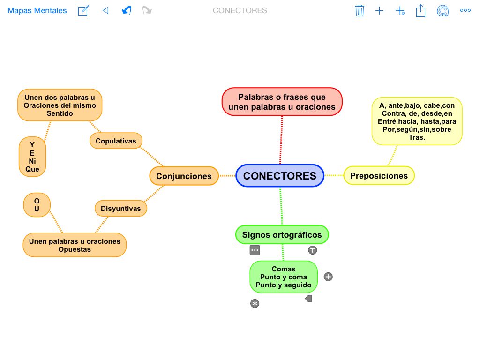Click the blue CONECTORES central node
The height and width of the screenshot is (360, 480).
pyautogui.click(x=280, y=176)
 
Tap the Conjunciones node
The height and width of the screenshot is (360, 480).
pyautogui.click(x=184, y=176)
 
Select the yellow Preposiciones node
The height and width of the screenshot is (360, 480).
pyautogui.click(x=379, y=176)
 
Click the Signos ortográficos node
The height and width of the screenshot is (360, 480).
pyautogui.click(x=282, y=235)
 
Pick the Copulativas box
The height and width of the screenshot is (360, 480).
pyautogui.click(x=116, y=141)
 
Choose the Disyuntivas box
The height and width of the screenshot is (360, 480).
pyautogui.click(x=120, y=209)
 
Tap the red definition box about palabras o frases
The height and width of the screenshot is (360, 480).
pyautogui.click(x=282, y=102)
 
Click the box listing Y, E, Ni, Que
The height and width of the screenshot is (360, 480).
pyautogui.click(x=32, y=157)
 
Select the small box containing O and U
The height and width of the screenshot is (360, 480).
pyautogui.click(x=37, y=205)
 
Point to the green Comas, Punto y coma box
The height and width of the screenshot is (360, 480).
pyautogui.click(x=284, y=277)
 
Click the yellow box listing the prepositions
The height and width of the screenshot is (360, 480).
pyautogui.click(x=417, y=121)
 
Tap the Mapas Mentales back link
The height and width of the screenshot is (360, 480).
pyautogui.click(x=37, y=10)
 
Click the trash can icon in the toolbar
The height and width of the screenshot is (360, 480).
pyautogui.click(x=360, y=10)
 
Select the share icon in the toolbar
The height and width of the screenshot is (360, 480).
pyautogui.click(x=420, y=10)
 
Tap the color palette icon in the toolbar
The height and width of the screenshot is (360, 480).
pyautogui.click(x=442, y=11)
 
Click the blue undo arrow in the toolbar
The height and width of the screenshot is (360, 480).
pyautogui.click(x=126, y=10)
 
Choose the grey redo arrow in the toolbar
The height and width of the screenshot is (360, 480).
pyautogui.click(x=147, y=10)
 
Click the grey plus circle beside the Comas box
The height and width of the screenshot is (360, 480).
pyautogui.click(x=328, y=277)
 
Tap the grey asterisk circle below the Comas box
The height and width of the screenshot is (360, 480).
pyautogui.click(x=255, y=304)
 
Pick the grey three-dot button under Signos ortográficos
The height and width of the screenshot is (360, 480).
pyautogui.click(x=255, y=250)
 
